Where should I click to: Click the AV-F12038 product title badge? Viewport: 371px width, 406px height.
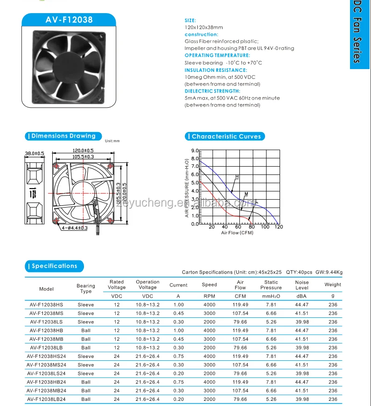(x=69, y=20)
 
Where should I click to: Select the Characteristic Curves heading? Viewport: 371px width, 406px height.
(x=226, y=136)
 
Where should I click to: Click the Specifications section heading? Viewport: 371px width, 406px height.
(x=55, y=266)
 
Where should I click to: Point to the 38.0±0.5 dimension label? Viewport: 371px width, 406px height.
(x=34, y=153)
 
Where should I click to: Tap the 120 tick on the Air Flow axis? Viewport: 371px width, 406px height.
(x=279, y=227)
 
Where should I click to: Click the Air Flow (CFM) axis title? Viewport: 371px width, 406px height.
(x=237, y=233)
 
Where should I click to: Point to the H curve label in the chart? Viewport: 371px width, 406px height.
(x=237, y=177)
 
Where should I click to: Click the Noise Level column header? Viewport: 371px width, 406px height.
(x=302, y=285)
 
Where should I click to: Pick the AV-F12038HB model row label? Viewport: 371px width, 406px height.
(x=47, y=330)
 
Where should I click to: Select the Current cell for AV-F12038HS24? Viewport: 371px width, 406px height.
(x=178, y=356)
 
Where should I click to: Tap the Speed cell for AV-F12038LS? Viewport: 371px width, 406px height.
(x=210, y=322)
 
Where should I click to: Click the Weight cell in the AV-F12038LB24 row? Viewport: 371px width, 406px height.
(x=333, y=399)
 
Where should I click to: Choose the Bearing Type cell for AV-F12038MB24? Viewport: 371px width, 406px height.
(x=86, y=391)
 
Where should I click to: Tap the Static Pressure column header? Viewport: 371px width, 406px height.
(x=271, y=285)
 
